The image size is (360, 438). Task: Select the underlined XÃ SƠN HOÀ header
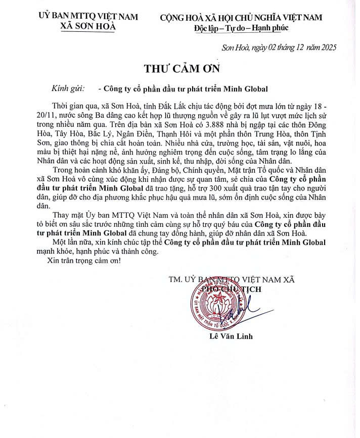[88, 26]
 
